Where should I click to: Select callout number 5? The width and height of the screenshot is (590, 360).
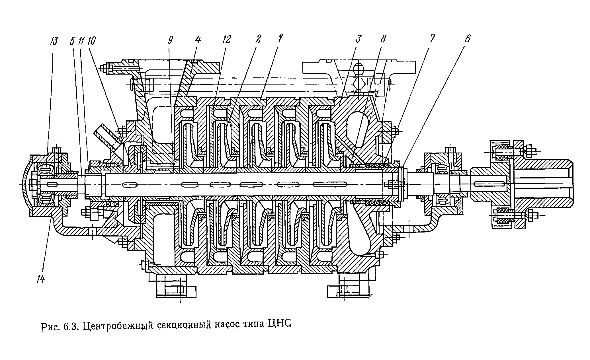pos(72,41)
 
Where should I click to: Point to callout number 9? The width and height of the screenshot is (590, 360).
pos(170,40)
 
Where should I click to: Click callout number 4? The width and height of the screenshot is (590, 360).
pos(198,40)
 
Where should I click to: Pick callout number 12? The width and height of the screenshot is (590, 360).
pos(227,40)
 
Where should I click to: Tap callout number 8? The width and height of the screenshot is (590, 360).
pos(383,40)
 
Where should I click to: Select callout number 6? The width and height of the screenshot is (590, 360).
pos(467,39)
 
